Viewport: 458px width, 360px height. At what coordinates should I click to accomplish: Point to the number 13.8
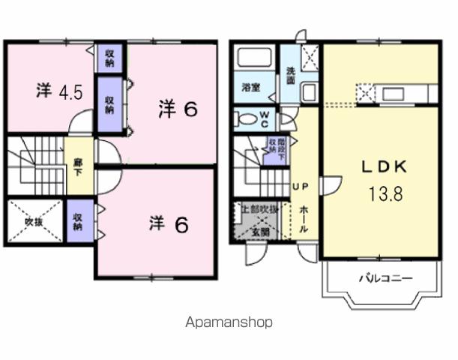pyautogui.click(x=385, y=194)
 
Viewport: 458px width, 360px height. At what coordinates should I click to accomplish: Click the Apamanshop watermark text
pyautogui.click(x=229, y=322)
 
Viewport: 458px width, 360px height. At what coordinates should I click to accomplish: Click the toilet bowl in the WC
pyautogui.click(x=244, y=118)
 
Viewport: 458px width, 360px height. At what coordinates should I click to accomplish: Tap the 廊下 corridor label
pyautogui.click(x=78, y=164)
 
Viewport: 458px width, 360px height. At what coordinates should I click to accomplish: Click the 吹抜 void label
pyautogui.click(x=34, y=221)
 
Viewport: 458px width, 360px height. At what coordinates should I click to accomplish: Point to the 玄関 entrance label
pyautogui.click(x=259, y=231)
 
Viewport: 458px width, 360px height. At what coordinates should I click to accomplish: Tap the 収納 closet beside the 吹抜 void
pyautogui.click(x=79, y=220)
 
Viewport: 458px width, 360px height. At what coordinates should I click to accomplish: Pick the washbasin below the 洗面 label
pyautogui.click(x=309, y=92)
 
